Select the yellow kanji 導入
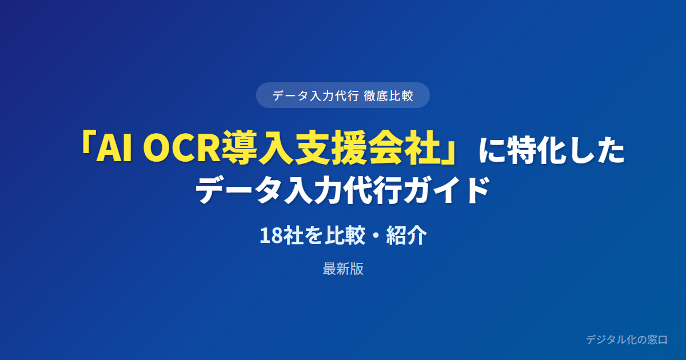point(257,147)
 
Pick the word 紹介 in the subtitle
point(406,235)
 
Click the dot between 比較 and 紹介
point(376,236)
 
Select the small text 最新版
point(343,269)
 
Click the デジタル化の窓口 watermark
point(627,339)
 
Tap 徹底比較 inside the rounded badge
point(389,96)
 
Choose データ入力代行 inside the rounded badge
point(316,96)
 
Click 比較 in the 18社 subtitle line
point(345,235)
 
